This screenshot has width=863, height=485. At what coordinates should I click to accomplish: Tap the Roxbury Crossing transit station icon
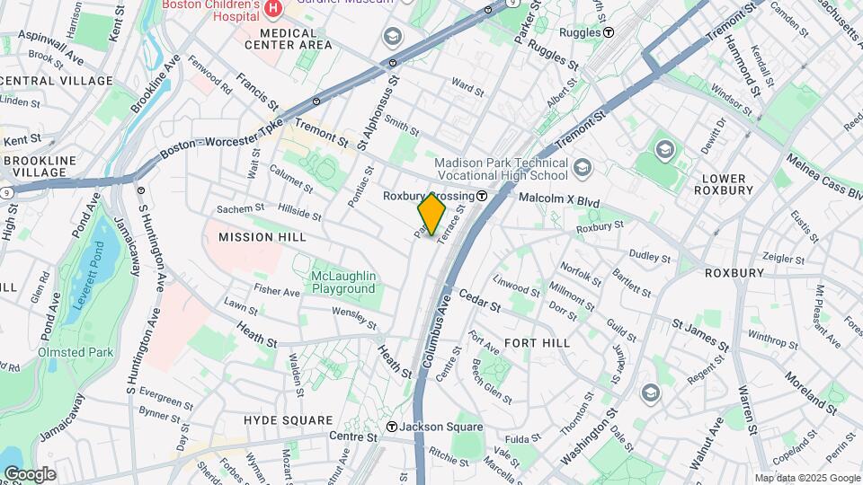pos(482,196)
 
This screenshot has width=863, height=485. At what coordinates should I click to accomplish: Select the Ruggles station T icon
pos(609,31)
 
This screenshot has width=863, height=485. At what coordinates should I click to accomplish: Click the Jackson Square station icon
pos(392,427)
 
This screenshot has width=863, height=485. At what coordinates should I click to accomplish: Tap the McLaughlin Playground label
pos(343,282)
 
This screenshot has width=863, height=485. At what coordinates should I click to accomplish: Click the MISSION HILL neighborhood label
pos(262,237)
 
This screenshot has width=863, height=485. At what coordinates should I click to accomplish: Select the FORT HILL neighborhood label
pos(537,343)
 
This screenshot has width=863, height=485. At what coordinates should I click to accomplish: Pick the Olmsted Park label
pos(76,352)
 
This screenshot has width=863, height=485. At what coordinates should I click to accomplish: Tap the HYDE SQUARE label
pos(288,420)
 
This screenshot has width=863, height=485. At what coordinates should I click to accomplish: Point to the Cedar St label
pos(479,299)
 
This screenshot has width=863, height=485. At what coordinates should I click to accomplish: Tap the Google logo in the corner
pos(30,474)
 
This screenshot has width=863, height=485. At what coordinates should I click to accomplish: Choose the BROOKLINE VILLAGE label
pos(46,165)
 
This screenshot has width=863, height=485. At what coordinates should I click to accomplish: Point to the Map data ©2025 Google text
pos(806,478)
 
